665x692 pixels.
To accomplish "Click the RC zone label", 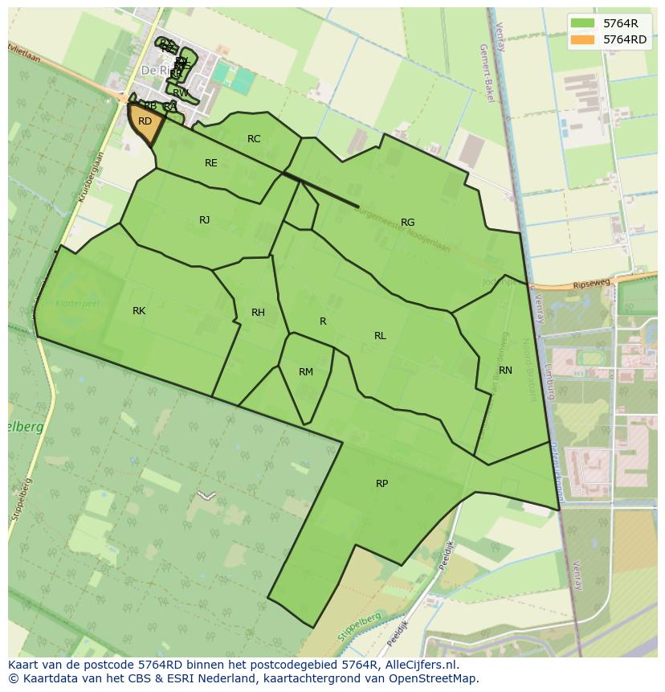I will click(x=254, y=139).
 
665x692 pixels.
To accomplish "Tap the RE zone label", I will click(x=210, y=163).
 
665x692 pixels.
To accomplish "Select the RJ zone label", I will click(x=204, y=220).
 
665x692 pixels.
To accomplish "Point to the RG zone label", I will click(x=407, y=223).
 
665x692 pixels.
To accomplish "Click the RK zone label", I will click(x=139, y=311).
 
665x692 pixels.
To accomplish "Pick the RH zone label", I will click(x=258, y=313).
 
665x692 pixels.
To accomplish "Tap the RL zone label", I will click(x=380, y=336).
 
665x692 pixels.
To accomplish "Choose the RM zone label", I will click(x=305, y=372).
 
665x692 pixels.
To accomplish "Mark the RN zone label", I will click(x=505, y=371).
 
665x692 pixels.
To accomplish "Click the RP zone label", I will click(x=381, y=484).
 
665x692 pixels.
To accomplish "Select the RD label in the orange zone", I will click(x=145, y=121).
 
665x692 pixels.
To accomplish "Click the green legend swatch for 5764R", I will click(x=583, y=23).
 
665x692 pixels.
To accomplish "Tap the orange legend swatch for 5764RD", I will click(x=583, y=39).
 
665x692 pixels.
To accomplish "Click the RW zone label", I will click(x=181, y=93).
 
